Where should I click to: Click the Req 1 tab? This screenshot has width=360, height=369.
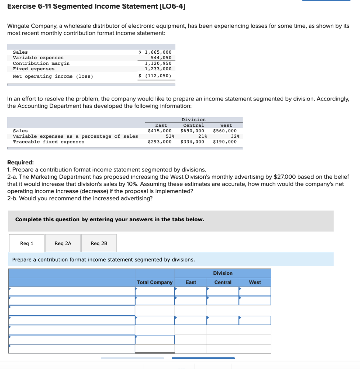point(27,243)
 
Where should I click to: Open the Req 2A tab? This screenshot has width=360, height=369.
point(63,243)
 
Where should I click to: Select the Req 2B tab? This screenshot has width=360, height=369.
point(99,243)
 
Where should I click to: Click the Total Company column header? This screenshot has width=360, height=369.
point(155,282)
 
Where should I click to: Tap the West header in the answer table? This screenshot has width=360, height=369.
point(255,282)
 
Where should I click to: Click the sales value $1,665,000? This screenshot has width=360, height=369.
point(155,52)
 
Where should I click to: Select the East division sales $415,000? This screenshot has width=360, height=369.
point(159,131)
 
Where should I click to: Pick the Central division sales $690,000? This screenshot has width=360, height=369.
point(192,131)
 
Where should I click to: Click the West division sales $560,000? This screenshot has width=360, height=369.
point(225,131)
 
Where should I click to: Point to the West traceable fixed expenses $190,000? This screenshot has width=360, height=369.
point(225,142)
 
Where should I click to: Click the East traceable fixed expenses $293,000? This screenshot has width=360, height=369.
point(159,142)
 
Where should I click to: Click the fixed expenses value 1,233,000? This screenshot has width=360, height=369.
point(158,69)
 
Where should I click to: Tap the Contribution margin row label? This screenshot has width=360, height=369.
point(41,63)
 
